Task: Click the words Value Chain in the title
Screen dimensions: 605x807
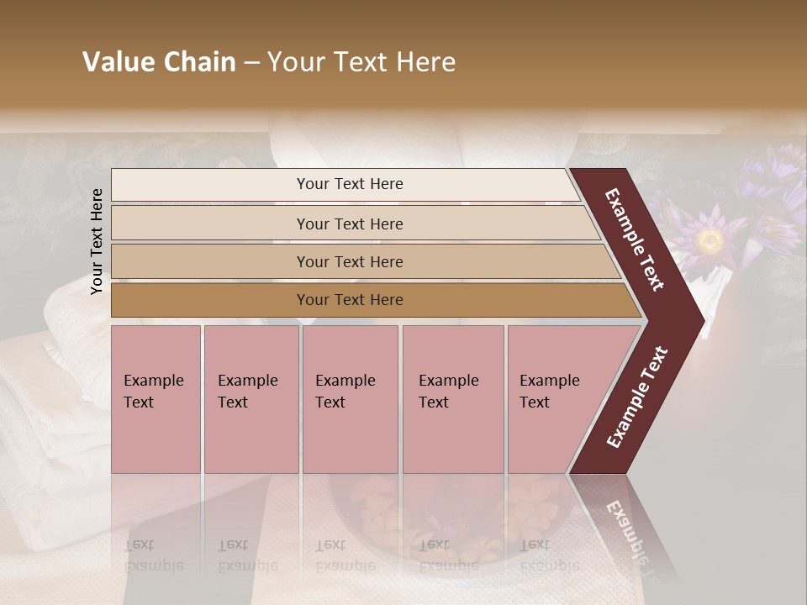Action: (x=159, y=62)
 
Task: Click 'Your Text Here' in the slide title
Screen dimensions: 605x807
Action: (x=361, y=62)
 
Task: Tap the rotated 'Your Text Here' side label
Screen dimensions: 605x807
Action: (x=97, y=241)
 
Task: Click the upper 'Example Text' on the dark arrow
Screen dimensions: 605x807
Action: (x=635, y=239)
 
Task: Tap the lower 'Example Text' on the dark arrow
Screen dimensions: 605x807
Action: (x=638, y=397)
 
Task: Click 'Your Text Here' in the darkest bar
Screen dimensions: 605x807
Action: (x=350, y=300)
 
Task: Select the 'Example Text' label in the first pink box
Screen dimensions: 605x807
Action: (x=153, y=391)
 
